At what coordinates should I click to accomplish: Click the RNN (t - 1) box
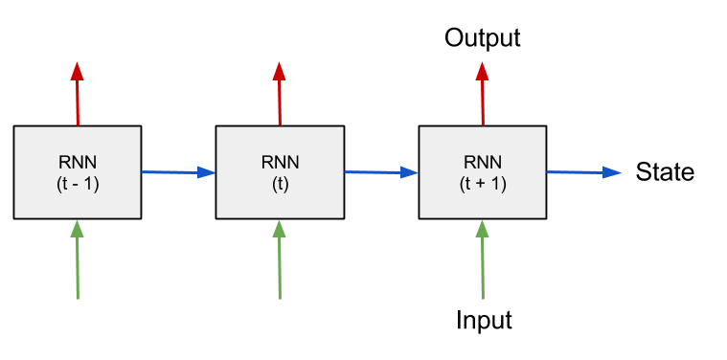click(77, 172)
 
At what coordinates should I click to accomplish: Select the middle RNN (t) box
click(280, 172)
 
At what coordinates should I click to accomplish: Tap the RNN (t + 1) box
click(483, 172)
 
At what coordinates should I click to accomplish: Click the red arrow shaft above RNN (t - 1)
click(78, 101)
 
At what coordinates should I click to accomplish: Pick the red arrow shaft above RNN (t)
click(280, 101)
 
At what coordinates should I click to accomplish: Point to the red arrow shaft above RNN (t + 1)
click(483, 101)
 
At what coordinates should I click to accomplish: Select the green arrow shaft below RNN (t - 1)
click(78, 268)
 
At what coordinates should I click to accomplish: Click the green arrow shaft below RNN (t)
click(280, 268)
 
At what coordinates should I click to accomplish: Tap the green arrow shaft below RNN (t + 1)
click(483, 268)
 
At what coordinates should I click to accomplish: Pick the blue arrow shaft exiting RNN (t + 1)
click(575, 172)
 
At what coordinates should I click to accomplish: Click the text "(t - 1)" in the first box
click(78, 183)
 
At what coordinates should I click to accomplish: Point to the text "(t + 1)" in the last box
click(483, 183)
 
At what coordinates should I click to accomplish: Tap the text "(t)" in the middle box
click(280, 183)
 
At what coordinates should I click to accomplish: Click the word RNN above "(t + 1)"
click(483, 162)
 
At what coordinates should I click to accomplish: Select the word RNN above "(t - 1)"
click(78, 162)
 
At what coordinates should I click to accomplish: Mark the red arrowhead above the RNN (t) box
click(280, 70)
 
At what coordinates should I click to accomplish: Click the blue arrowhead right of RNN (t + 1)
click(613, 172)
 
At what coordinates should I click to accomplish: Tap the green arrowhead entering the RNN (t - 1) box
click(78, 228)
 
